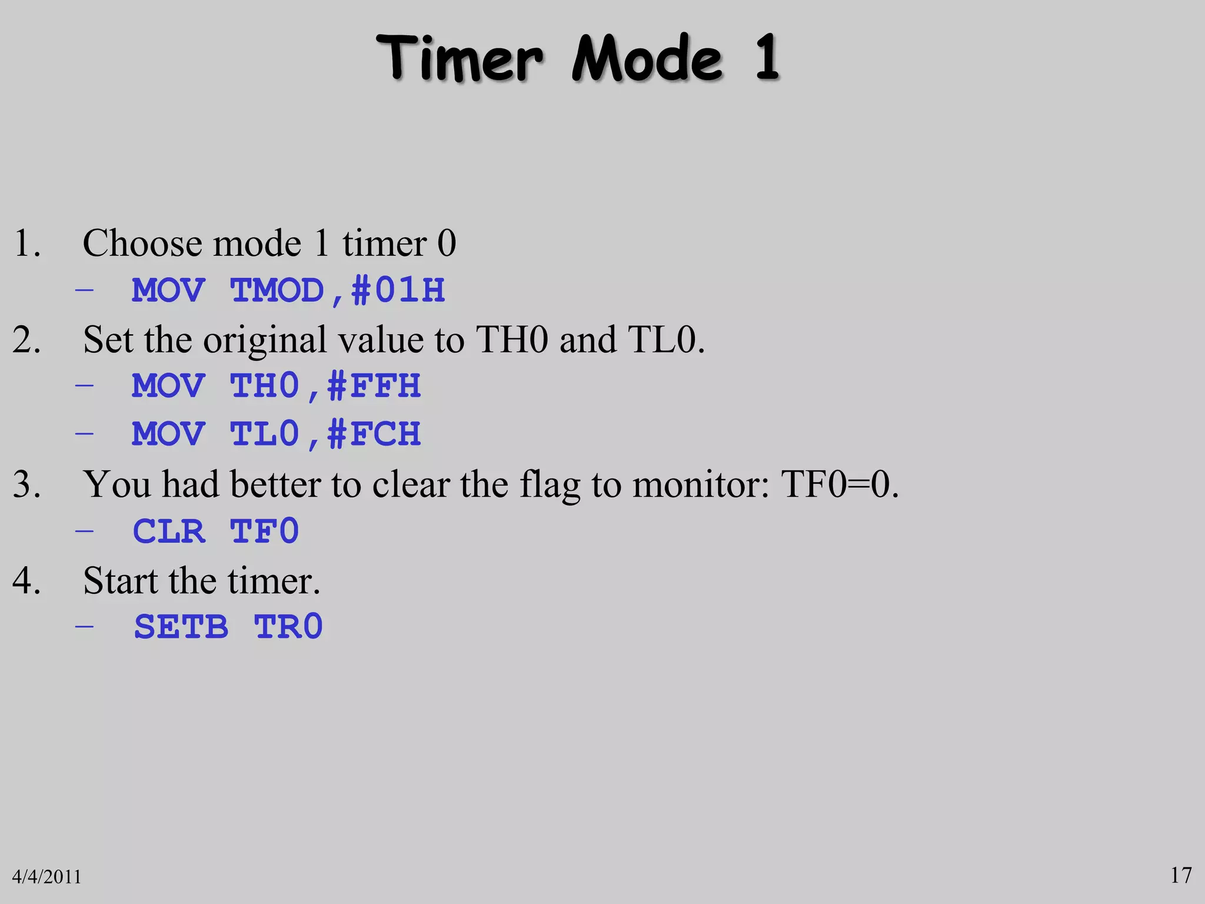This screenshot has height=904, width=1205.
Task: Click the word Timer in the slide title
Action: pos(460,59)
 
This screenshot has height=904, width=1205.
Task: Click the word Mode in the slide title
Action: pos(647,59)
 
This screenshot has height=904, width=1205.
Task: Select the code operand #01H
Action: pos(398,291)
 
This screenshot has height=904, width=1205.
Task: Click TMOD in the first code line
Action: pos(277,291)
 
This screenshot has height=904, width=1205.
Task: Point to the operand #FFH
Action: pos(374,387)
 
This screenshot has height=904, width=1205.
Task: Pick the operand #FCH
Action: pos(374,434)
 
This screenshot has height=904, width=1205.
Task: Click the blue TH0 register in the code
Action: pos(265,387)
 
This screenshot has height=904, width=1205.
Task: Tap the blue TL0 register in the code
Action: pos(265,434)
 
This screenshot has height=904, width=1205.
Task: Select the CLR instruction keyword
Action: pos(169,531)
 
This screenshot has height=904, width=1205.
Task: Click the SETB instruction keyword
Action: pos(181,627)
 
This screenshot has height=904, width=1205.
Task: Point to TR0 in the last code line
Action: pos(288,627)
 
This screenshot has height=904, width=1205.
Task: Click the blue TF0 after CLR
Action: pos(265,531)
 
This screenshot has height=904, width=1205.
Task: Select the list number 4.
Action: pos(26,581)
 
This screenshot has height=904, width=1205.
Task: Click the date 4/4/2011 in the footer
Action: pos(46,877)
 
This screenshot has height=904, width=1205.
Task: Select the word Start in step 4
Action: pos(120,581)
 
